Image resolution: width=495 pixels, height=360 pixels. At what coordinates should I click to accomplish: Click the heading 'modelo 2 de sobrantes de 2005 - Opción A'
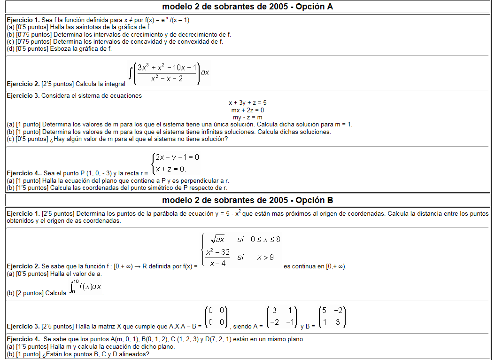click(x=247, y=7)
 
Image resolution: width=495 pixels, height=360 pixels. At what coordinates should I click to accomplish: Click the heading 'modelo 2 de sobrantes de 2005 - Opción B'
click(x=247, y=200)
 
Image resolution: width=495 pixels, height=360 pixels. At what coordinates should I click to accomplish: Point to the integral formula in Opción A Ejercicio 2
click(x=169, y=73)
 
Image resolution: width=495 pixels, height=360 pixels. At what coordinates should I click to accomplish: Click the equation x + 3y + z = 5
click(x=247, y=102)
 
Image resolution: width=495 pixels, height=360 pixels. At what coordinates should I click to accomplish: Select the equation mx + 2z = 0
click(x=247, y=110)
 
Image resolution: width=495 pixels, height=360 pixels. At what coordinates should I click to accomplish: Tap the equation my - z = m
click(x=247, y=117)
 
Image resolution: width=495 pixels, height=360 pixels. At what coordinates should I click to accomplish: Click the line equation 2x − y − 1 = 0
click(x=177, y=157)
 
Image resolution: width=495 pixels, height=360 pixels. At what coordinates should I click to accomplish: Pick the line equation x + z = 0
click(x=171, y=169)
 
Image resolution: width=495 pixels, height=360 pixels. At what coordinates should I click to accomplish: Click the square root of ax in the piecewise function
click(x=217, y=239)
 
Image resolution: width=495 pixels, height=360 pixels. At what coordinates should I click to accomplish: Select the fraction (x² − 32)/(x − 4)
click(x=217, y=258)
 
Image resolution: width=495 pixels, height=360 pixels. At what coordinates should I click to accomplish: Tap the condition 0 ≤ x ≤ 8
click(x=265, y=239)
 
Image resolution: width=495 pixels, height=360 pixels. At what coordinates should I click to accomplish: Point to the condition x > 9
click(x=265, y=257)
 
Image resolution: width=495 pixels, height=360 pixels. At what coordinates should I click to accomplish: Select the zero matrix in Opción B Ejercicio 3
click(x=217, y=316)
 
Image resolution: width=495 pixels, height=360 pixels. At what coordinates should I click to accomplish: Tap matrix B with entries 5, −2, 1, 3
click(x=332, y=316)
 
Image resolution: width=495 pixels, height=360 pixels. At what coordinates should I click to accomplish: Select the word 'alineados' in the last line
click(x=133, y=354)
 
